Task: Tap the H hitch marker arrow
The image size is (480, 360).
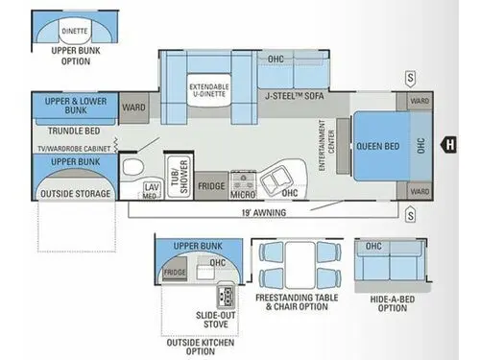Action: (x=446, y=145)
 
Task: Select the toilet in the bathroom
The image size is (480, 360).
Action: (x=132, y=171)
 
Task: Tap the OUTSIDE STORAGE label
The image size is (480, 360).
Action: (x=75, y=194)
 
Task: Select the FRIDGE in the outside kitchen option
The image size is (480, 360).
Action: (x=174, y=273)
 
